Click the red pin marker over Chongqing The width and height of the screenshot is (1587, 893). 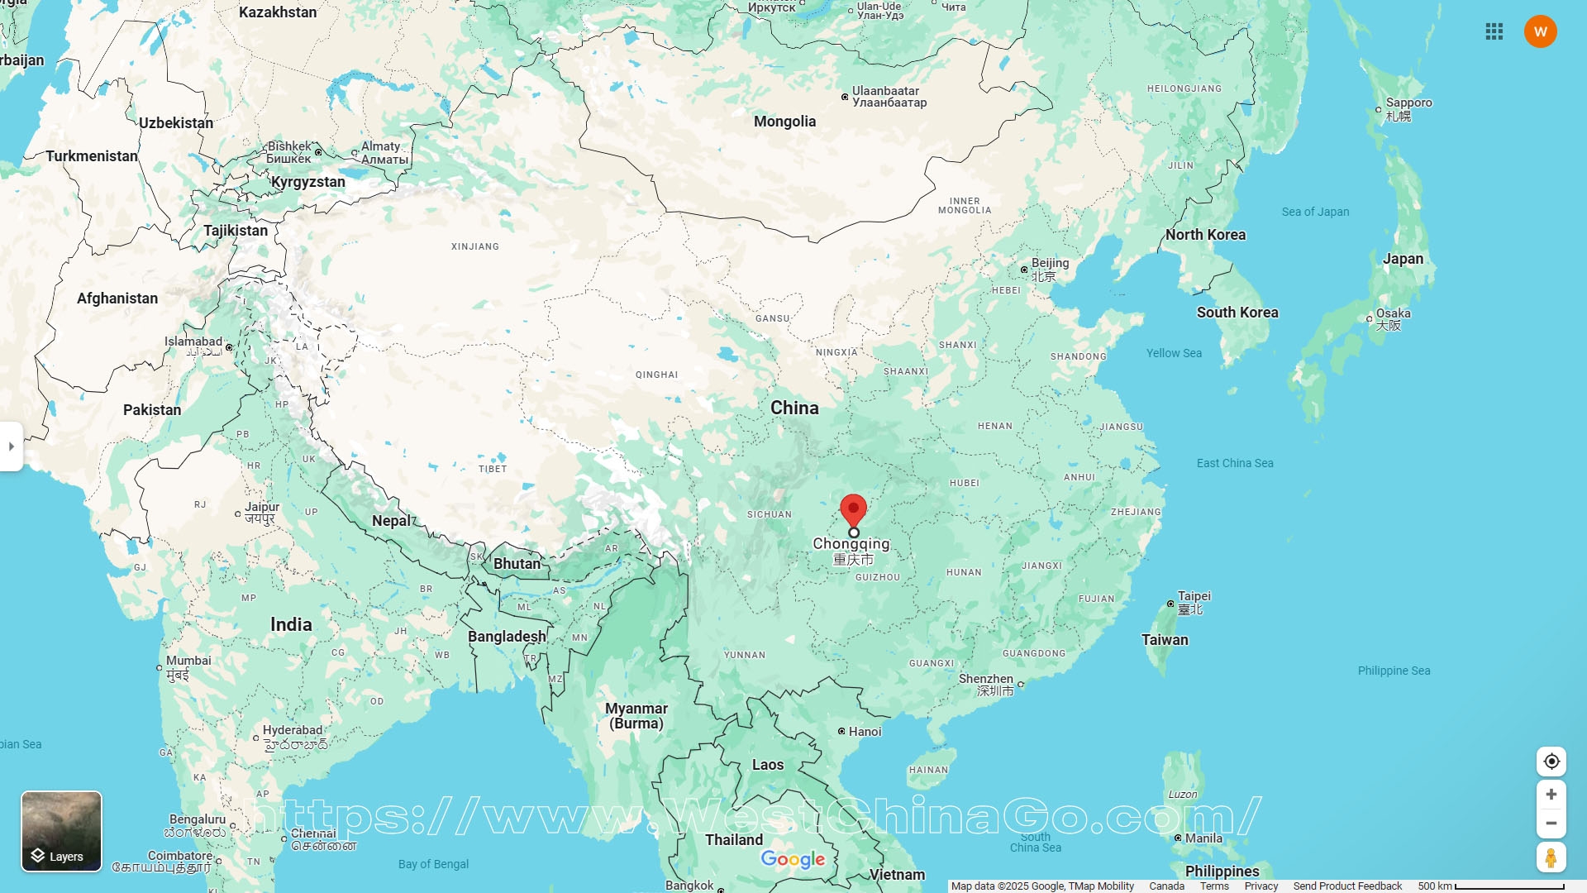(x=853, y=509)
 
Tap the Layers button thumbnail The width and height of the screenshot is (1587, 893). (x=61, y=830)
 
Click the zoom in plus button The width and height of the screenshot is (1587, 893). (x=1551, y=795)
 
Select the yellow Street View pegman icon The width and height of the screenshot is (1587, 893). (x=1551, y=857)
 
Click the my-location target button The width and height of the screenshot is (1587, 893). (x=1551, y=762)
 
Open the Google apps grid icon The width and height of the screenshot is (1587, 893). (x=1494, y=31)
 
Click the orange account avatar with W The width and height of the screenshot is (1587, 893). (x=1540, y=31)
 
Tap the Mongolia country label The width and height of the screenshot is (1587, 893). (x=784, y=122)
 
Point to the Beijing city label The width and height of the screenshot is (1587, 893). (x=1050, y=263)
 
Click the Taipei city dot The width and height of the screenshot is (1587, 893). (x=1170, y=604)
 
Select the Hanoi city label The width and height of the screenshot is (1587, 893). (x=865, y=732)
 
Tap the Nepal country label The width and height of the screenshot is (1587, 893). (x=391, y=521)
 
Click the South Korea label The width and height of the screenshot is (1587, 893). (x=1237, y=313)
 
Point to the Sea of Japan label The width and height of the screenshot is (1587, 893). (x=1315, y=212)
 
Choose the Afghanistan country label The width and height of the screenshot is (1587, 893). (x=117, y=298)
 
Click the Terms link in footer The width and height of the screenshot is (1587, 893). (x=1214, y=886)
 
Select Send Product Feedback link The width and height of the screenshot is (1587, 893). (x=1347, y=886)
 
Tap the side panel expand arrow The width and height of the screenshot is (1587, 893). (x=12, y=446)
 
